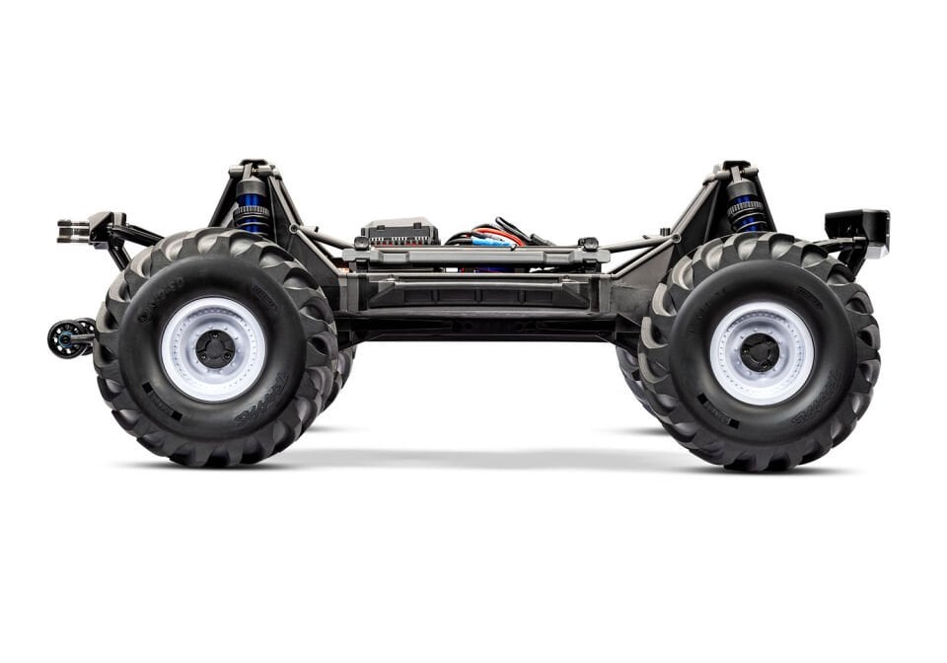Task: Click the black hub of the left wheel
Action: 214,348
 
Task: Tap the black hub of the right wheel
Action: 760,352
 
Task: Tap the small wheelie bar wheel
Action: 66,338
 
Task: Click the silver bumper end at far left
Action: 72,231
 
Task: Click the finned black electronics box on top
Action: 400,232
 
